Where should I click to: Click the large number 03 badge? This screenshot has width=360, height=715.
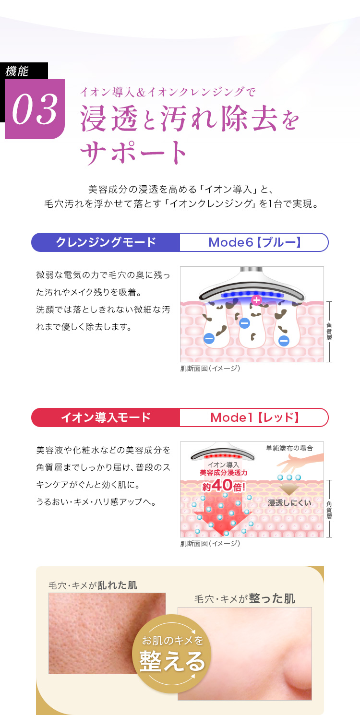pyautogui.click(x=35, y=109)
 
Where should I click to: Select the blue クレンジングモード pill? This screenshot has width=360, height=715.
pyautogui.click(x=106, y=242)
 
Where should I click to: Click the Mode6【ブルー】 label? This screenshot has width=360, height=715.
pyautogui.click(x=254, y=242)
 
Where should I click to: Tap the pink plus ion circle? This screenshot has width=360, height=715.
pyautogui.click(x=256, y=300)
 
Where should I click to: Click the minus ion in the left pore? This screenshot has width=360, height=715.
pyautogui.click(x=209, y=338)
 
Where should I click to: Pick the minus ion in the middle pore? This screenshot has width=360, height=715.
pyautogui.click(x=244, y=322)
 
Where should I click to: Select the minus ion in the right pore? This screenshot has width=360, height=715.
pyautogui.click(x=284, y=341)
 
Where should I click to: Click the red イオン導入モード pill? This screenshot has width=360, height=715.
pyautogui.click(x=106, y=417)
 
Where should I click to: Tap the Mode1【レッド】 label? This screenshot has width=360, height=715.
pyautogui.click(x=254, y=417)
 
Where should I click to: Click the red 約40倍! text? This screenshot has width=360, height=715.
pyautogui.click(x=224, y=486)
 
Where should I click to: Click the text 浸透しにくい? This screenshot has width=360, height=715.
pyautogui.click(x=289, y=503)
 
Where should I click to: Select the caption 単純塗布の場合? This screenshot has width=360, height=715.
pyautogui.click(x=289, y=448)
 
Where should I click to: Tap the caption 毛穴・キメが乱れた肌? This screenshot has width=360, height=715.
pyautogui.click(x=93, y=585)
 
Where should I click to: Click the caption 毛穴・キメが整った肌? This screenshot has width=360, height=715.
pyautogui.click(x=244, y=598)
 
